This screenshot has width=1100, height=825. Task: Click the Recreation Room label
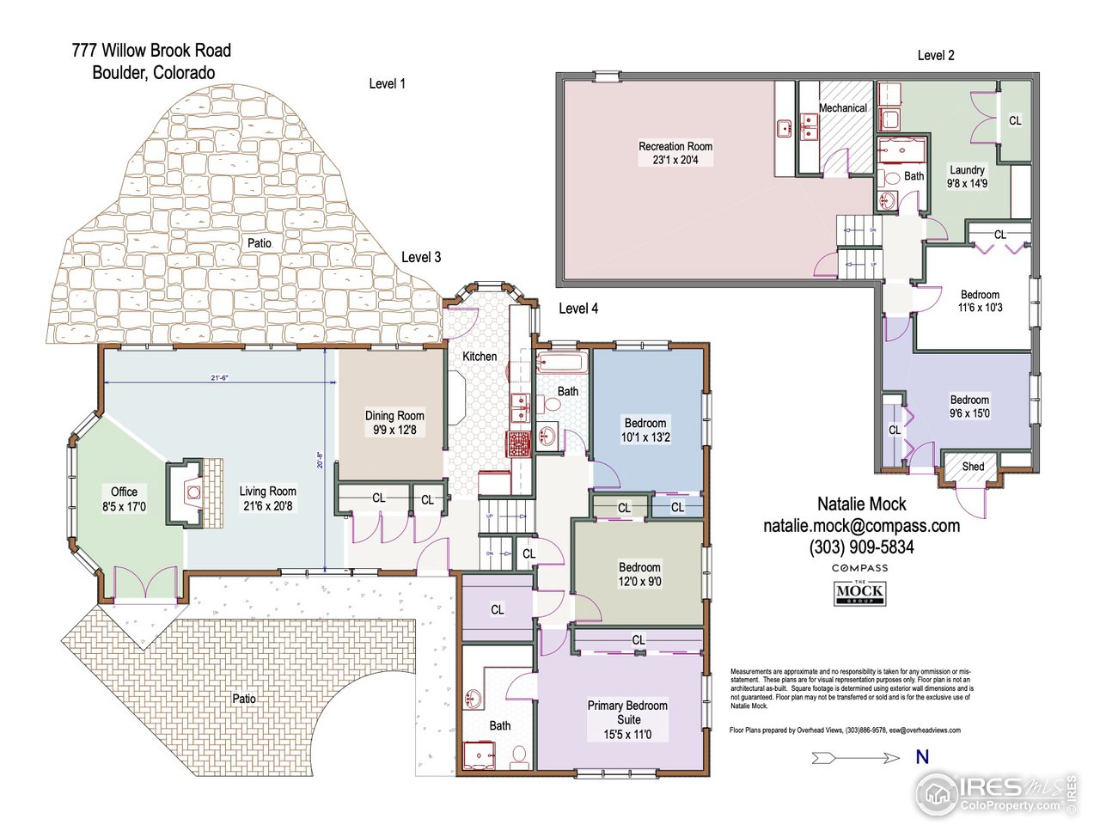675,153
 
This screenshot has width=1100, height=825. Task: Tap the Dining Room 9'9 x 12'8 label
394,423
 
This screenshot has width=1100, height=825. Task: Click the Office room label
124,499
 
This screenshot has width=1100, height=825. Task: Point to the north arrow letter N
922,757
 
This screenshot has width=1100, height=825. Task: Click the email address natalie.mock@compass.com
861,526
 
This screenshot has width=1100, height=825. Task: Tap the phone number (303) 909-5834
861,547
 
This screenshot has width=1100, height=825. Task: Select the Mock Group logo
859,593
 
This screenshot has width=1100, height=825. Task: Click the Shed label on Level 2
973,467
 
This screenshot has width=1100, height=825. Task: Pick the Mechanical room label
842,108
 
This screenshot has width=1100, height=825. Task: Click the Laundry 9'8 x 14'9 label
967,176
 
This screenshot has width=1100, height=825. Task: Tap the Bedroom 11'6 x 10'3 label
980,301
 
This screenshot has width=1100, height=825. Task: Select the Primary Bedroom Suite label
627,719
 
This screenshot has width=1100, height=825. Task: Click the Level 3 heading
421,257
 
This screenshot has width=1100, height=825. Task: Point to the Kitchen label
480,357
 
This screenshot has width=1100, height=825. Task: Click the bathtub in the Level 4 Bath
562,362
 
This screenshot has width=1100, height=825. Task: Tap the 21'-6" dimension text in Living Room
219,377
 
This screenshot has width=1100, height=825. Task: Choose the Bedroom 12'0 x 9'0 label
639,574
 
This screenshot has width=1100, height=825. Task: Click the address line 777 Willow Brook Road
151,51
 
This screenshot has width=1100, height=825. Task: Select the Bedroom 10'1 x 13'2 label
645,430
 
